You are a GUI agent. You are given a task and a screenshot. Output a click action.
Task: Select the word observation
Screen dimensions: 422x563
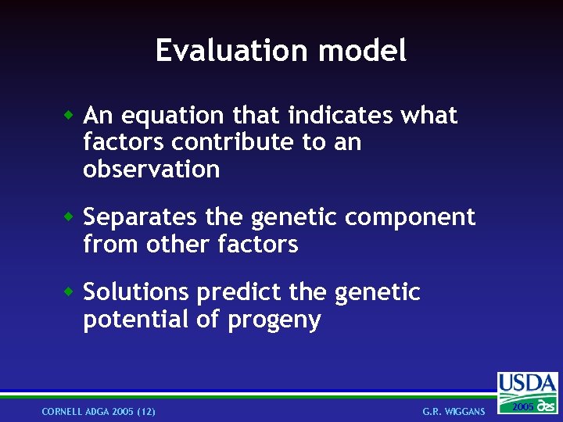(x=151, y=170)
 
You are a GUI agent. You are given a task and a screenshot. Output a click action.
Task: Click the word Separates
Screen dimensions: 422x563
(x=139, y=217)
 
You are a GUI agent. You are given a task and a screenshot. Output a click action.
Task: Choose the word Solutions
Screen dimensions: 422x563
(x=136, y=292)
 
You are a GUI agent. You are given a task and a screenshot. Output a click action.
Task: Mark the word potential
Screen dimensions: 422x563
(x=133, y=320)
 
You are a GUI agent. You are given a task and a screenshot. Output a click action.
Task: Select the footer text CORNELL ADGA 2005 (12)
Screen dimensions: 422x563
(x=99, y=411)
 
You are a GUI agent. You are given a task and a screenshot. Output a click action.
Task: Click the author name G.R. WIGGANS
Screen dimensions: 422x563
(x=454, y=411)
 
